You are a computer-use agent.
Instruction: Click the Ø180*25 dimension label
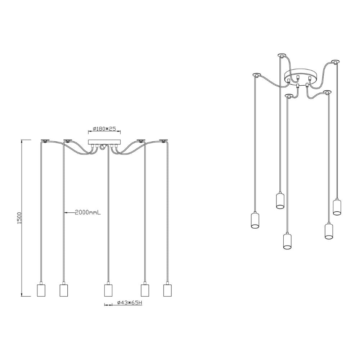104,129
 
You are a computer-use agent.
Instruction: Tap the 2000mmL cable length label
88,213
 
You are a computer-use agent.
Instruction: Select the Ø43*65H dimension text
130,303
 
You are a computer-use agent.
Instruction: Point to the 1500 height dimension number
19,218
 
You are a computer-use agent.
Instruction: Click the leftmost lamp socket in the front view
41,290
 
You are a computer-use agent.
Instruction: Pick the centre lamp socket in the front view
108,290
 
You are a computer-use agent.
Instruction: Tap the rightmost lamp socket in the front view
168,290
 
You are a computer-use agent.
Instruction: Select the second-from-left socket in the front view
64,290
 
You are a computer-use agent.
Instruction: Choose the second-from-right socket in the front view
145,290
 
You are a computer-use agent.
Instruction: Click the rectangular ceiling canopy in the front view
104,142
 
